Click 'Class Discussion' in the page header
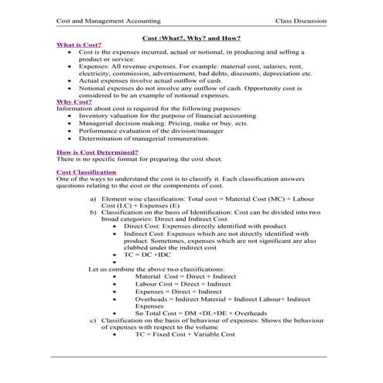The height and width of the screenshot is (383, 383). pos(299,20)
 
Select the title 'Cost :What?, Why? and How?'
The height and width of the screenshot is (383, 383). pos(191,38)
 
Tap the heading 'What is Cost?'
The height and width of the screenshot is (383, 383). pos(79,45)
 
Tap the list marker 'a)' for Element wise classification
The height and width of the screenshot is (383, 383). pos(94,198)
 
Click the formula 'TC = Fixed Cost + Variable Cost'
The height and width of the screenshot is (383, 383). pos(185,334)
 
